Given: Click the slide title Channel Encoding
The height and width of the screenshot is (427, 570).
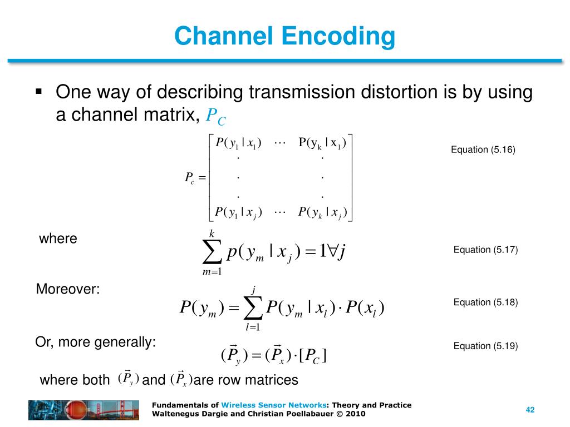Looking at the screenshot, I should click(x=284, y=37).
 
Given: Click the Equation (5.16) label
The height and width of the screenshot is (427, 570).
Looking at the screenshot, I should click(x=483, y=150).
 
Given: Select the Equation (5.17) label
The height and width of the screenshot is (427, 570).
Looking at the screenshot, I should click(x=485, y=250).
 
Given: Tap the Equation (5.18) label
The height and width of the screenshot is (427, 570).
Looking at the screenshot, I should click(x=485, y=302).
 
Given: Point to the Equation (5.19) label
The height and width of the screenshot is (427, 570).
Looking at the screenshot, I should click(x=485, y=346).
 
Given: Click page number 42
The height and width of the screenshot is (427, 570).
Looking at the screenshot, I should click(x=530, y=410).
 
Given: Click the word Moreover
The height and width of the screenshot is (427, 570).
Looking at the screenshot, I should click(x=67, y=289).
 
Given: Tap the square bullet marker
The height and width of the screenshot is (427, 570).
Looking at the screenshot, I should click(x=39, y=91).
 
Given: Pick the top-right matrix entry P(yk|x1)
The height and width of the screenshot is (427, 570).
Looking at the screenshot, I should click(x=322, y=143).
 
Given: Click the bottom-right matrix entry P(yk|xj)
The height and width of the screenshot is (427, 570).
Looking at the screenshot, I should click(x=322, y=212).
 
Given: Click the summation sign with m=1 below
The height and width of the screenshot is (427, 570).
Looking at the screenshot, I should click(x=212, y=253).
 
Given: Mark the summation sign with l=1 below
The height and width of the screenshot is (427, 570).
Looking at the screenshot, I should click(x=253, y=307).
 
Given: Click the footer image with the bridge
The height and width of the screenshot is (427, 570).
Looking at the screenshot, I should click(x=83, y=410).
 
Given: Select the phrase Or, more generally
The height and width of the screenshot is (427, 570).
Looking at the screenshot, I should click(x=95, y=342).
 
